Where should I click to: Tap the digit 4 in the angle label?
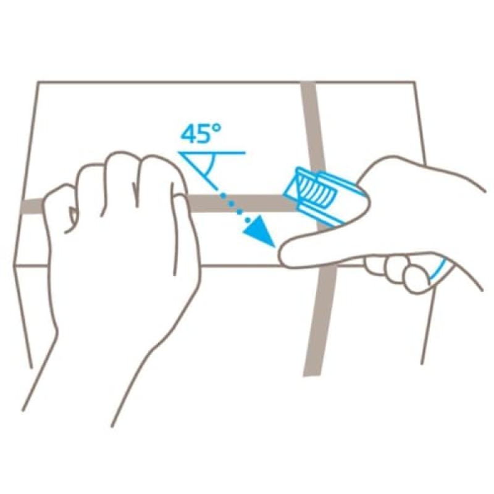click(x=188, y=134)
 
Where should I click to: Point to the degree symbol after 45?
click(x=217, y=128)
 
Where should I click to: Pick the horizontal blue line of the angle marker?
click(x=212, y=153)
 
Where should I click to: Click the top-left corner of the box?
click(x=38, y=83)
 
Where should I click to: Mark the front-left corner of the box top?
click(x=14, y=266)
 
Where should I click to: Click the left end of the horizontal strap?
click(x=22, y=208)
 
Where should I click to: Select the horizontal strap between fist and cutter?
click(x=242, y=203)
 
